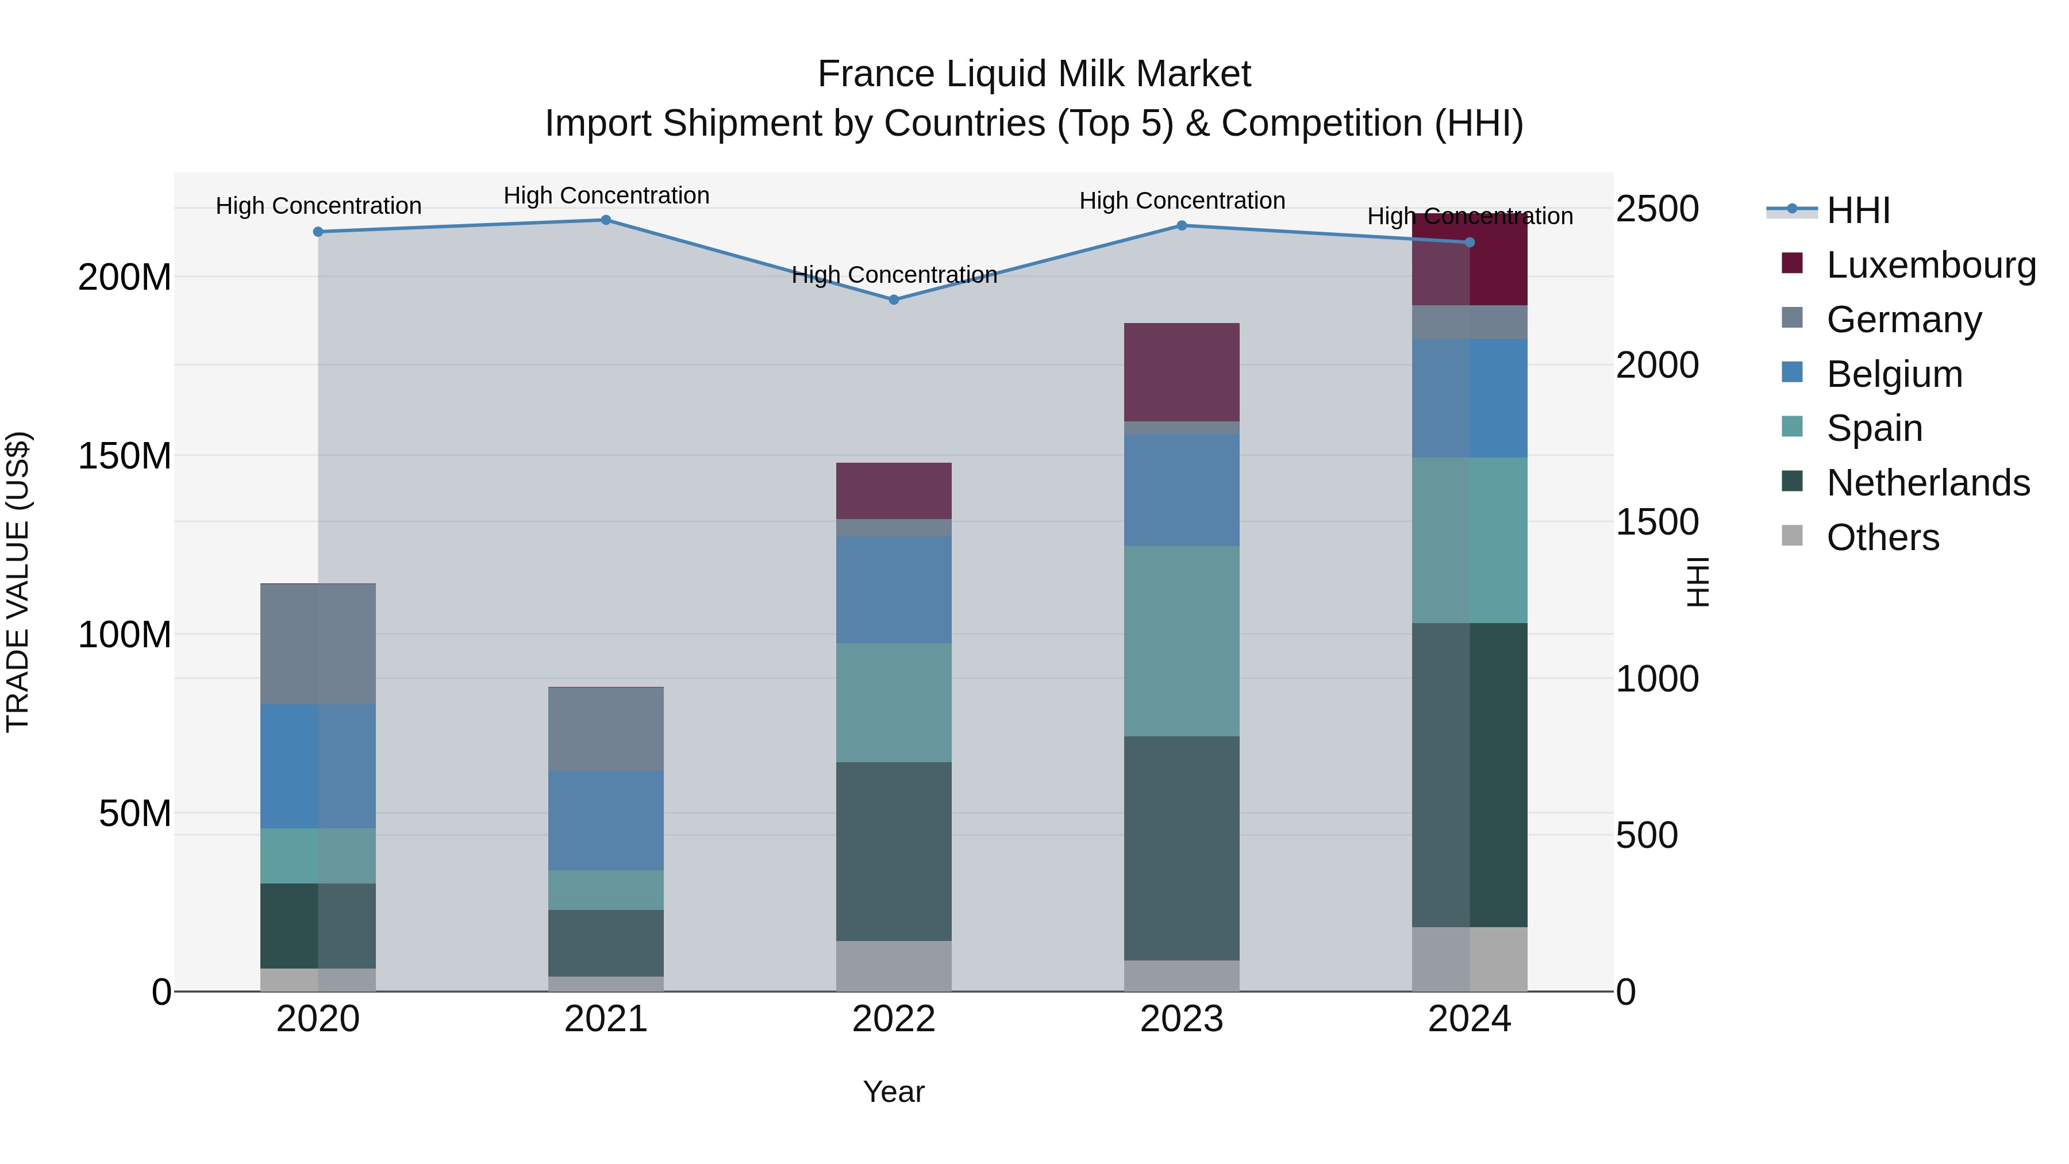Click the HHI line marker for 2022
(x=893, y=299)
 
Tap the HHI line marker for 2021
(x=606, y=220)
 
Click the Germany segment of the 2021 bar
(x=606, y=729)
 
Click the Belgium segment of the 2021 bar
(x=606, y=820)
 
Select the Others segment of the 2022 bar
(x=893, y=966)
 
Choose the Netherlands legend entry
(x=1928, y=483)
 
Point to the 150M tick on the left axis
(x=125, y=456)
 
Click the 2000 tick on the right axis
(x=1657, y=366)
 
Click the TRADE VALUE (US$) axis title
(x=18, y=582)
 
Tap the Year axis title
(x=893, y=1092)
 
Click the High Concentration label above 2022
(x=893, y=275)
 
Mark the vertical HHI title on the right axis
(x=1697, y=582)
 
